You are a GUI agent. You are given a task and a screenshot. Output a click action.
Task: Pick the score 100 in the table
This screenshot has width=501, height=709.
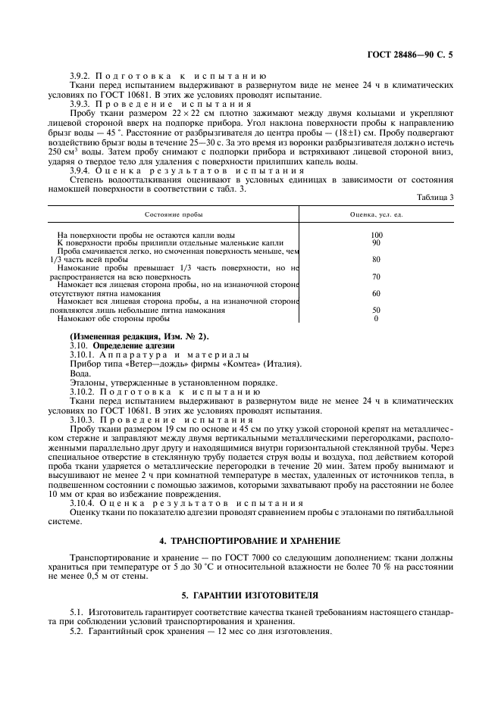(x=376, y=235)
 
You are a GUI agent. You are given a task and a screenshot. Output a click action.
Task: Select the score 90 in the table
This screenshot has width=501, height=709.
(x=376, y=242)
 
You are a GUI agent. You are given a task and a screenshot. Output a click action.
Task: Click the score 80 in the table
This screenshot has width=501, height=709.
(x=376, y=260)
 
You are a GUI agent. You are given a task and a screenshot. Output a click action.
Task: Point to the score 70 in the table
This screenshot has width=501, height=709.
(x=376, y=276)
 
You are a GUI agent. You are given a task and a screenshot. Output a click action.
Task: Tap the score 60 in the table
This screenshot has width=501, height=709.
(x=376, y=293)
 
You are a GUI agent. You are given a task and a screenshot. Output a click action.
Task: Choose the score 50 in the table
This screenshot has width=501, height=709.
(x=376, y=310)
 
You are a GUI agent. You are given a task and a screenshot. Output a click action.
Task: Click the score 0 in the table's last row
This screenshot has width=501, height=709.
(x=376, y=318)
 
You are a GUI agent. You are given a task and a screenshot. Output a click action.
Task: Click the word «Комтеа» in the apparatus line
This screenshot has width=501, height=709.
(x=242, y=364)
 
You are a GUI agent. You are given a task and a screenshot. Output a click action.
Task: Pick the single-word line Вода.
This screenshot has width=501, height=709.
(x=80, y=373)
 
